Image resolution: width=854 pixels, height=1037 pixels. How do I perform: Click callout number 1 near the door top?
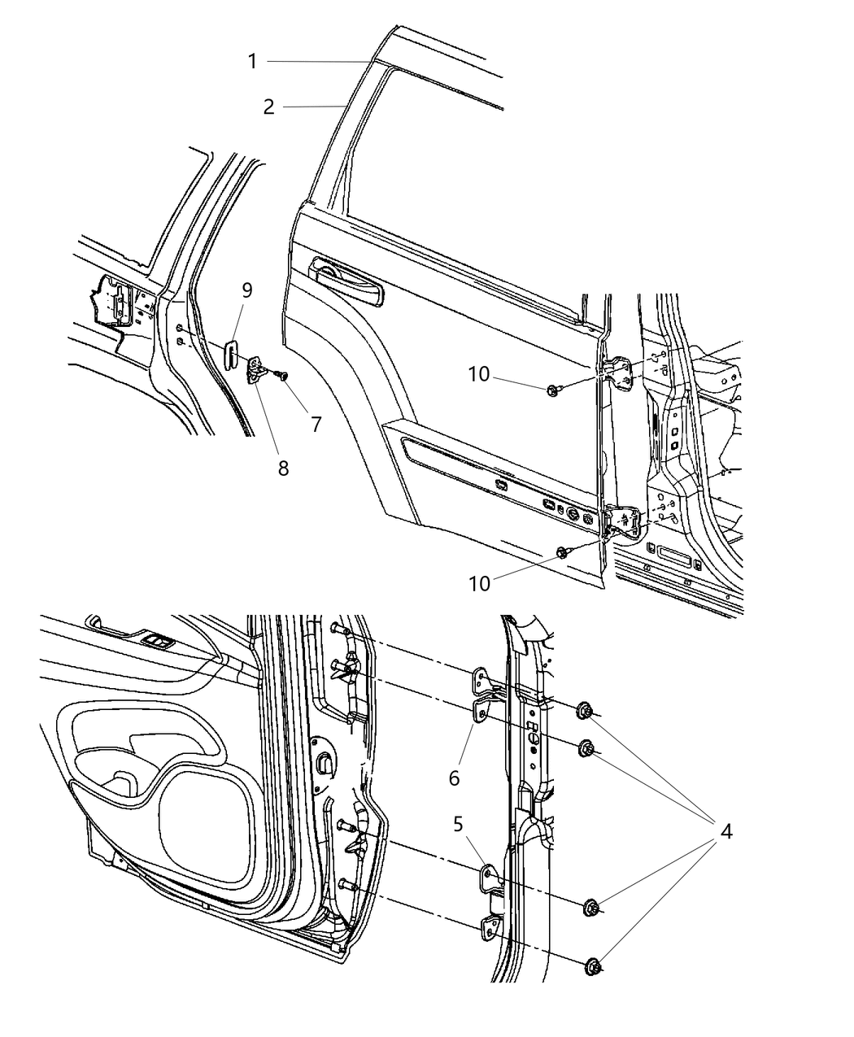(253, 61)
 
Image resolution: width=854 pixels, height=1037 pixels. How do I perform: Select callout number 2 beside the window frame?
(269, 107)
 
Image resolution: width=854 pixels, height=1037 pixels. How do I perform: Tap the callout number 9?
(246, 290)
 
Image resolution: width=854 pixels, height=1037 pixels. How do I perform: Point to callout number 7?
(316, 424)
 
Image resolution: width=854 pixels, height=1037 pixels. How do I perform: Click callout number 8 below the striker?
(282, 468)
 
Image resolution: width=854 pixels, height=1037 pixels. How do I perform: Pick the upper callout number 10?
(479, 374)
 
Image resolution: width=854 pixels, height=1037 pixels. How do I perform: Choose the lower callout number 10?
(480, 583)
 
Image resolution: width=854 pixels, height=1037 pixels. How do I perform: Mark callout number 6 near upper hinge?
(454, 778)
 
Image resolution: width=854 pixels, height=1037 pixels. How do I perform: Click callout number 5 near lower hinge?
(459, 824)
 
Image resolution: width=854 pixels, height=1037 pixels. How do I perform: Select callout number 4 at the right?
(725, 831)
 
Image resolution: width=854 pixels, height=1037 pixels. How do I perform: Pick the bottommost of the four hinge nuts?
(593, 966)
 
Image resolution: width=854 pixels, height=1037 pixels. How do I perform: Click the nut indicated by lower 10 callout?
(564, 553)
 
